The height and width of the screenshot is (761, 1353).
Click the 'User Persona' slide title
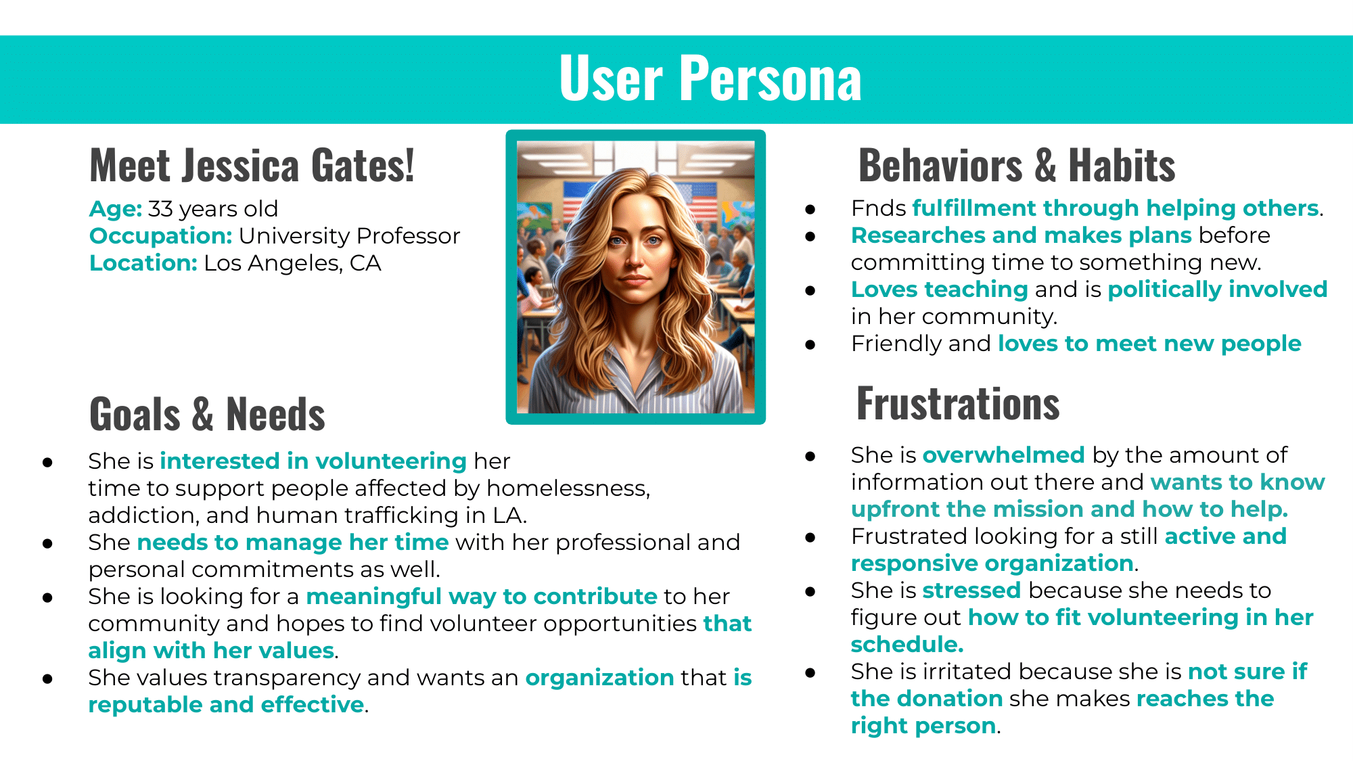[710, 79]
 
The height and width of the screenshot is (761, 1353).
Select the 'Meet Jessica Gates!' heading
[252, 166]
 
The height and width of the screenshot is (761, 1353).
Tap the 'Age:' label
[116, 209]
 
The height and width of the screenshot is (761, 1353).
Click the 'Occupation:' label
[161, 236]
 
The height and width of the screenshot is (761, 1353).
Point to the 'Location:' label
[143, 263]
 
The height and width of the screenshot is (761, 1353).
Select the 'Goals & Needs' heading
[207, 414]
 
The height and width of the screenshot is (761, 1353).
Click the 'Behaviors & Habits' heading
[1017, 166]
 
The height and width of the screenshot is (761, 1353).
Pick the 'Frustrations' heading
[958, 404]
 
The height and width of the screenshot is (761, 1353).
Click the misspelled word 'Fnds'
[878, 208]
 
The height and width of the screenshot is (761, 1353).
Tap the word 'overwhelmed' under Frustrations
[1004, 455]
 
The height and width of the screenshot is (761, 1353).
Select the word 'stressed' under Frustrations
[971, 591]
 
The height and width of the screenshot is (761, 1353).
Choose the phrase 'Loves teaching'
[940, 290]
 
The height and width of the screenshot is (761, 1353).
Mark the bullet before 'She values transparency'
[47, 678]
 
